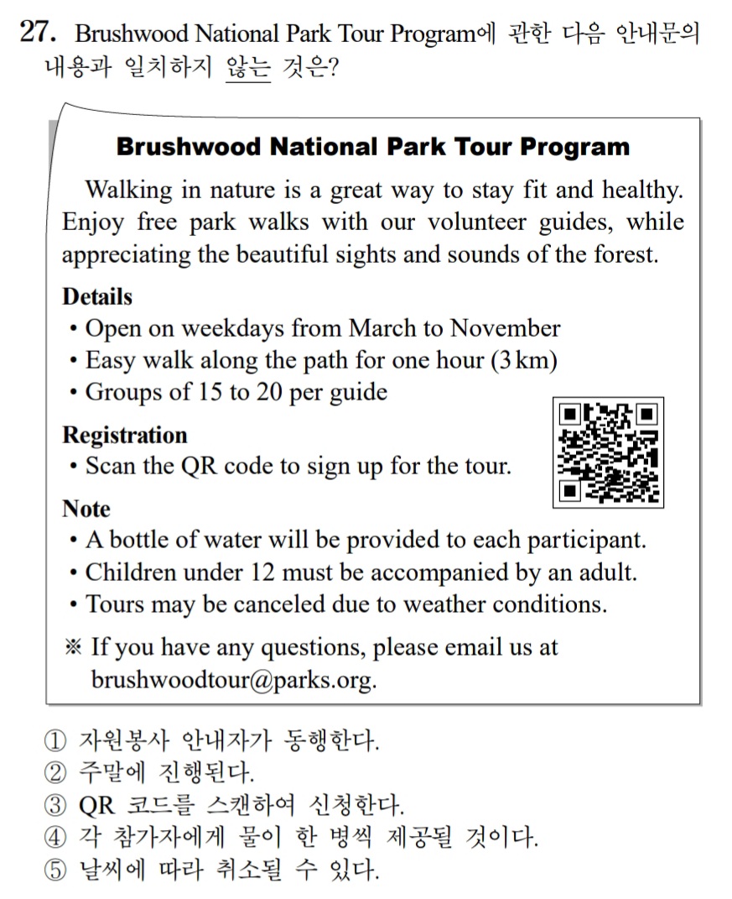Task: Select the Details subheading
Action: coord(97,296)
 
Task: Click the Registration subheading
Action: coord(125,435)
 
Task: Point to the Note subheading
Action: coord(86,509)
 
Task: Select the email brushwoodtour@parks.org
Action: coord(233,679)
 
